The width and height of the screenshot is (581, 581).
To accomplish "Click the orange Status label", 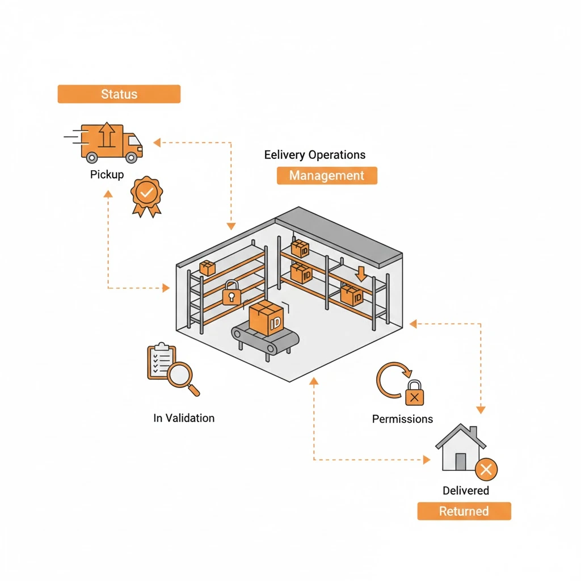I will coord(119,94).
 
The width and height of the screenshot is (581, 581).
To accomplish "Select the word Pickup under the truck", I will coord(107,174).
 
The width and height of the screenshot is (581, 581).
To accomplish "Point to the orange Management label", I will coord(327,175).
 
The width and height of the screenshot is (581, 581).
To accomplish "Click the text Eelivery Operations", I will coord(315,155).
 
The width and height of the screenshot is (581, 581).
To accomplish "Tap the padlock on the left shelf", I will coord(231,293).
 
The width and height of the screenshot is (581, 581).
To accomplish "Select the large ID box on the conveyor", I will coord(266,318).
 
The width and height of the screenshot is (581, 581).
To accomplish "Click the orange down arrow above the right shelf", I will coord(361,273).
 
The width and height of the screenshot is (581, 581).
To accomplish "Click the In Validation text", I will coord(184,418).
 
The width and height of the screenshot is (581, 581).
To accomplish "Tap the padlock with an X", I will coord(415,394).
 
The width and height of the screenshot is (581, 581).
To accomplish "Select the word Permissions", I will coord(402,419).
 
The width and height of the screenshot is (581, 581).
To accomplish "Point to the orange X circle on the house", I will coord(486,469).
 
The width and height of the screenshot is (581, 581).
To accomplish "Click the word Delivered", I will coord(465,490).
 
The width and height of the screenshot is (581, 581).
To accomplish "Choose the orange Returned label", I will coord(464,511).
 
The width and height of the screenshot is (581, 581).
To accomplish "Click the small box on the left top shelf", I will coord(207,268).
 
